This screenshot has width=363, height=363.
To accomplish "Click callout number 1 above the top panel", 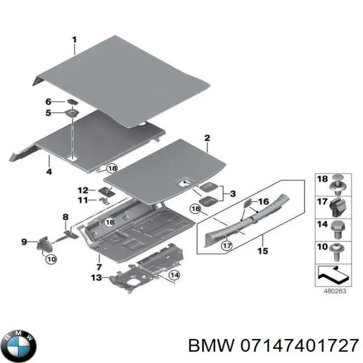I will click(74, 39).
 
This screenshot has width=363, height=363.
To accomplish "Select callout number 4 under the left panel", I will click(48, 172).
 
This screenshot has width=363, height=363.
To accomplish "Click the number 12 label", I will click(82, 190).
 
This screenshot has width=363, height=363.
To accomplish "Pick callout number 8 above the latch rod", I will click(65, 217).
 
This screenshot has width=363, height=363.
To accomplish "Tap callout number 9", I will click(24, 243).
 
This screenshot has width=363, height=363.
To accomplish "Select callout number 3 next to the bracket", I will click(232, 194).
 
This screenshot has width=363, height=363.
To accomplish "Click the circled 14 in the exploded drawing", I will click(173, 275).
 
